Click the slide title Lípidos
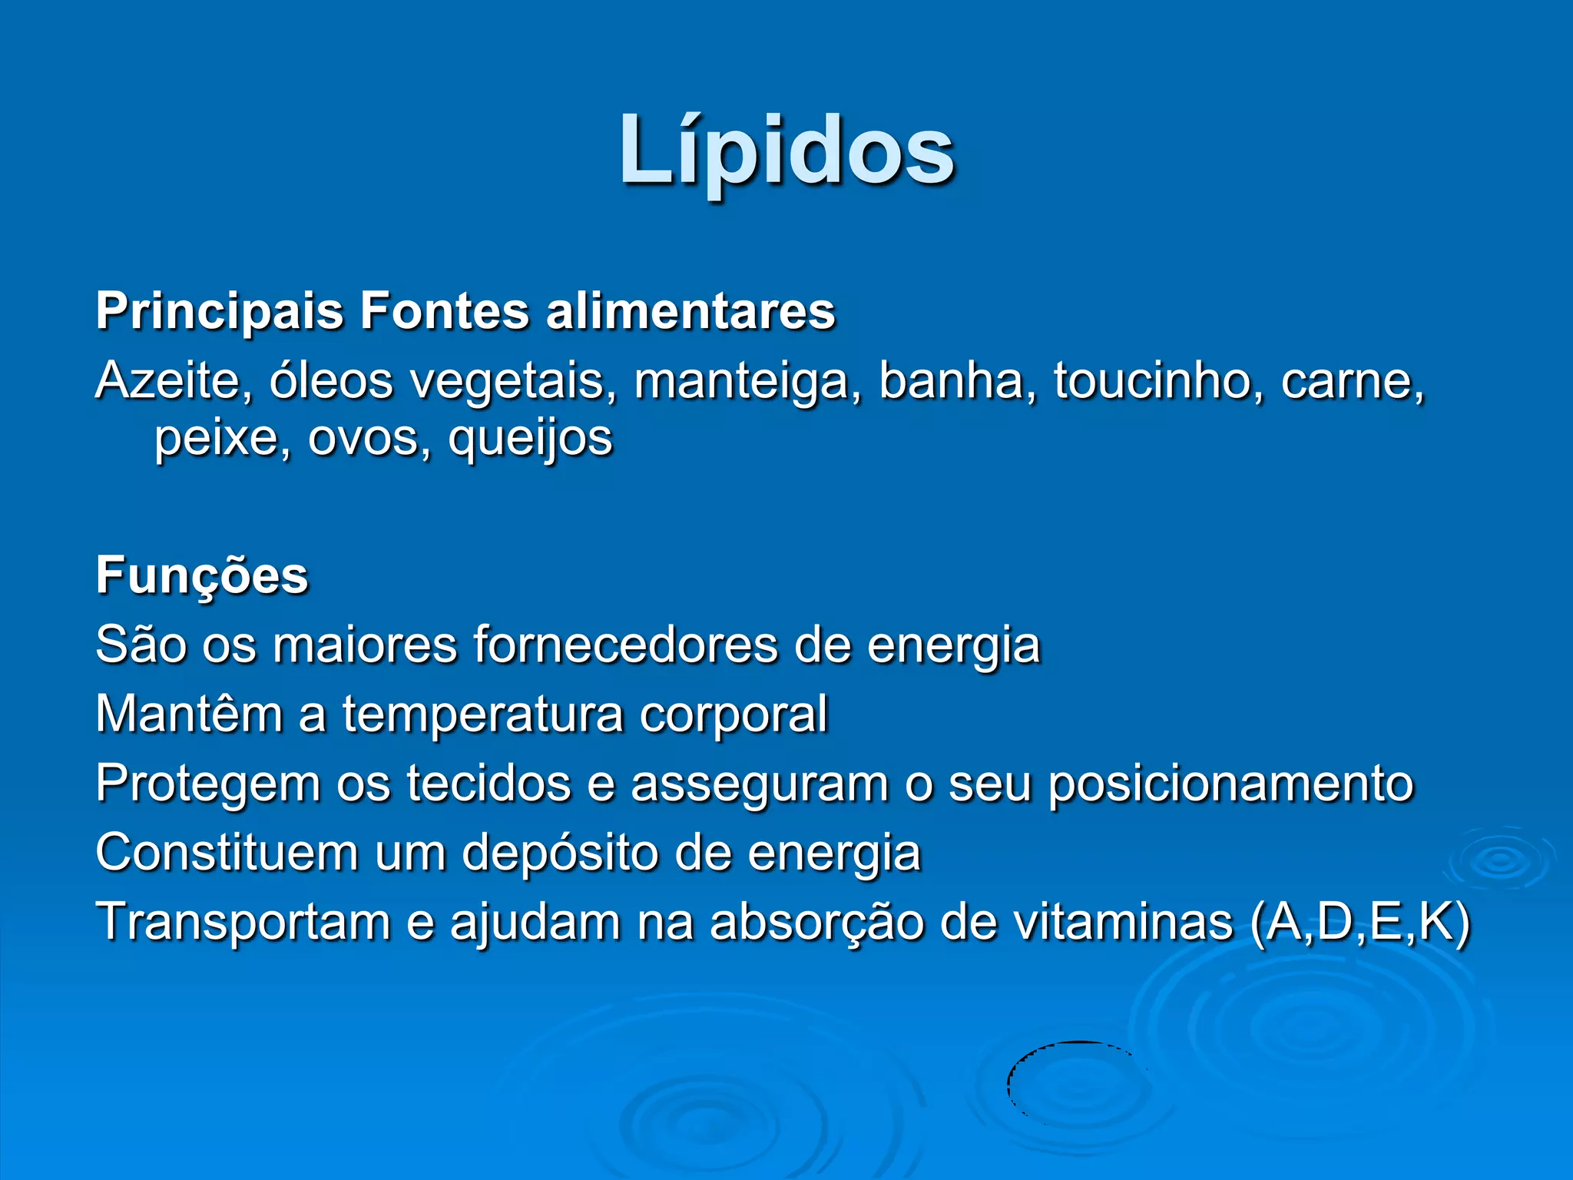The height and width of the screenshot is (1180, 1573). [x=786, y=150]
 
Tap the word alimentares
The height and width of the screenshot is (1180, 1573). [x=690, y=312]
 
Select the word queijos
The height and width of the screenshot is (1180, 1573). [x=530, y=439]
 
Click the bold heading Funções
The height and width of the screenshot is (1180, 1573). [x=202, y=576]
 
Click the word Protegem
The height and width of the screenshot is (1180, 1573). [x=207, y=784]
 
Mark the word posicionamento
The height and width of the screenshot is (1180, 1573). [x=1230, y=784]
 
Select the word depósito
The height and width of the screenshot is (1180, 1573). [x=558, y=853]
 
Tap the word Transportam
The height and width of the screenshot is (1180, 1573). [x=243, y=922]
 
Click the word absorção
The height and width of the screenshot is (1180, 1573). [x=816, y=922]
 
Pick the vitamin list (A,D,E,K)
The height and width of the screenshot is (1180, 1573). [x=1359, y=922]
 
